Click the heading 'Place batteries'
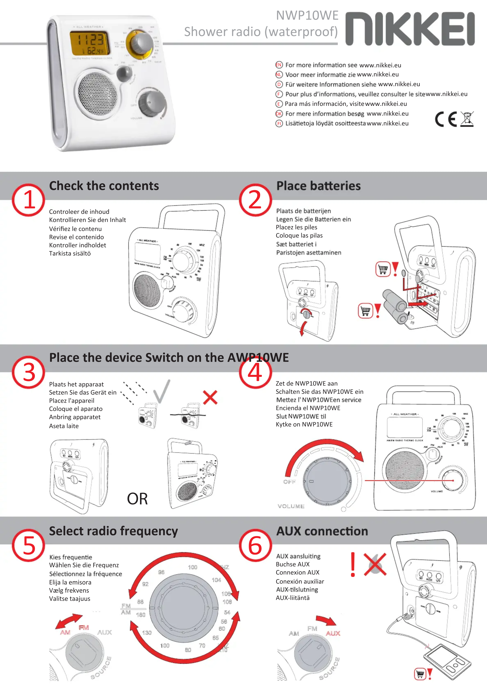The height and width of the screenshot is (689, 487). [318, 186]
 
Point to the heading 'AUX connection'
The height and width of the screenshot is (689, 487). [322, 531]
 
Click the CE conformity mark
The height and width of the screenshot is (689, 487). [446, 119]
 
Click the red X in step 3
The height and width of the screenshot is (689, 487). [210, 398]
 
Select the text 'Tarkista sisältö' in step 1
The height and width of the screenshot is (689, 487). [70, 254]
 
